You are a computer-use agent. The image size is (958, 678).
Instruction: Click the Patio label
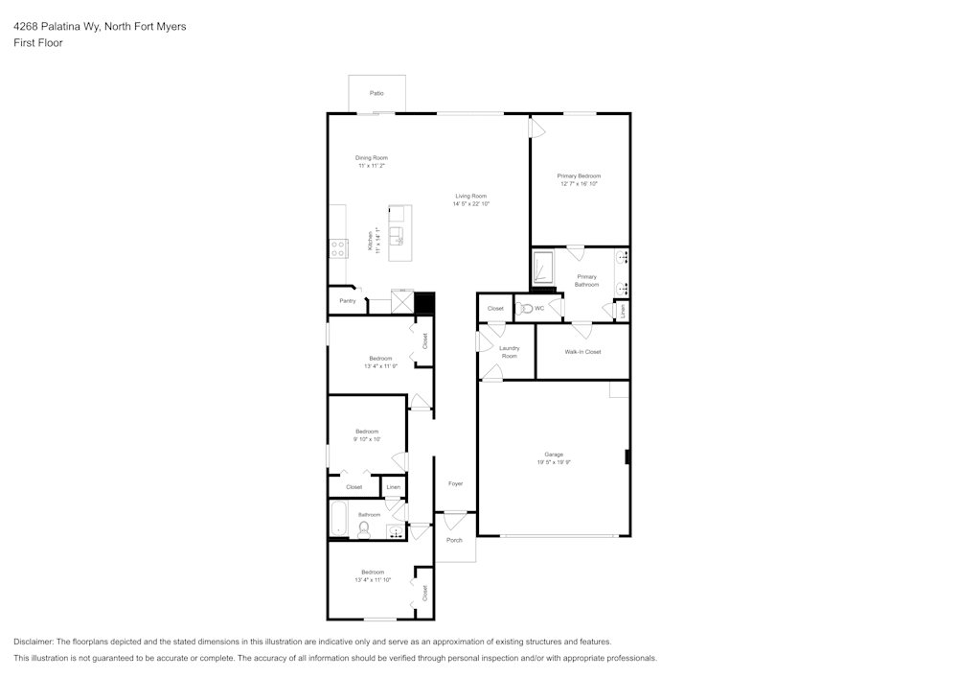[376, 93]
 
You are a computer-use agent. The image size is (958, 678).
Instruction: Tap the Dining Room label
[372, 157]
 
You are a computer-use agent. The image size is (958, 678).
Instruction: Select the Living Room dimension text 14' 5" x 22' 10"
[471, 204]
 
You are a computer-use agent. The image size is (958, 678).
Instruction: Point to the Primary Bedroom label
[579, 175]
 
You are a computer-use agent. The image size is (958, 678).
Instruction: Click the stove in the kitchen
[337, 248]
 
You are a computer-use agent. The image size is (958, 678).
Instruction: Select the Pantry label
[347, 301]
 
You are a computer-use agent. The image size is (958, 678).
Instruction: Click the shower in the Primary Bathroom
[543, 268]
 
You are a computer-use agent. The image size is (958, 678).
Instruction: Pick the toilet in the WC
[524, 309]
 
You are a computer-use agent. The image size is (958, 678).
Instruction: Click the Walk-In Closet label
[582, 352]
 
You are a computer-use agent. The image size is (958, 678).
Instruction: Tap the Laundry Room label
[509, 352]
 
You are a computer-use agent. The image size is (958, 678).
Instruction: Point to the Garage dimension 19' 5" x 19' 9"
[554, 462]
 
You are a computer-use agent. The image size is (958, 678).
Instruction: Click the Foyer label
[455, 483]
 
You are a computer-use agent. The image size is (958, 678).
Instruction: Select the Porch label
[454, 540]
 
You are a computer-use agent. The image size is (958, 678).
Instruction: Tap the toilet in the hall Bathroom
[364, 528]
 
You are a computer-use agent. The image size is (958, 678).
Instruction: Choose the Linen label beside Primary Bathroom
[622, 311]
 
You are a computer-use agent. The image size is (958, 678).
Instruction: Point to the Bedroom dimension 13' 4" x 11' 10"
[372, 580]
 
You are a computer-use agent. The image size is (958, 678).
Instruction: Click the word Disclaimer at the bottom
[34, 641]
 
